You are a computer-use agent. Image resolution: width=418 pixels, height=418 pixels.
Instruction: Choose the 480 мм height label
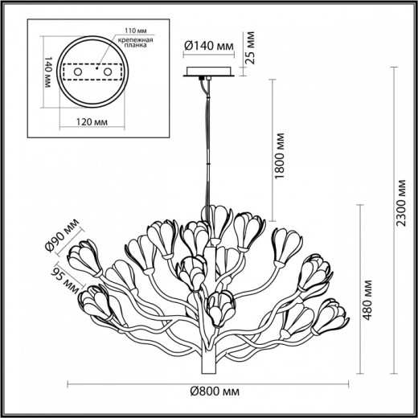pos(368,299)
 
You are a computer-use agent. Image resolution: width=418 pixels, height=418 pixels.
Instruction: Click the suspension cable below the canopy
pos(211,137)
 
